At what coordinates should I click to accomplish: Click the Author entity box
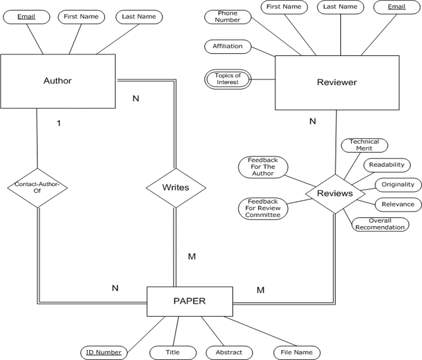(58, 81)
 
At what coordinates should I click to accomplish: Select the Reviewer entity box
(337, 82)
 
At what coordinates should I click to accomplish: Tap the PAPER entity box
(190, 301)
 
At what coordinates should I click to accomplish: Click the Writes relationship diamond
(176, 188)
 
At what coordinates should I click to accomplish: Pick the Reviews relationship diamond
(335, 194)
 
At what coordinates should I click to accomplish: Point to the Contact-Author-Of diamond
(37, 188)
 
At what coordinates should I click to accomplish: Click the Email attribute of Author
(26, 17)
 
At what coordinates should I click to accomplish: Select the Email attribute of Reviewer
(396, 7)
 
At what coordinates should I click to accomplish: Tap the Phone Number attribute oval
(227, 17)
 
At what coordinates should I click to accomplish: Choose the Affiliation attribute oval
(227, 46)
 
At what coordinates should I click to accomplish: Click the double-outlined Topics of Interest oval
(227, 79)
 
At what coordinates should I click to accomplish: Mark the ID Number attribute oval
(104, 352)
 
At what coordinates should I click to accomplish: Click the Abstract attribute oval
(229, 352)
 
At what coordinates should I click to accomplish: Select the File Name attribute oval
(297, 352)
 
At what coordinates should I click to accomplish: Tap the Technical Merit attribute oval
(364, 145)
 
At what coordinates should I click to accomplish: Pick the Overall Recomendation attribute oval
(380, 224)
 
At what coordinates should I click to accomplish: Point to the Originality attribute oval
(398, 185)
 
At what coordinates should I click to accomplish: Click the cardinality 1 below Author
(59, 124)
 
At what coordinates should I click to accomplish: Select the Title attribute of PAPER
(173, 352)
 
